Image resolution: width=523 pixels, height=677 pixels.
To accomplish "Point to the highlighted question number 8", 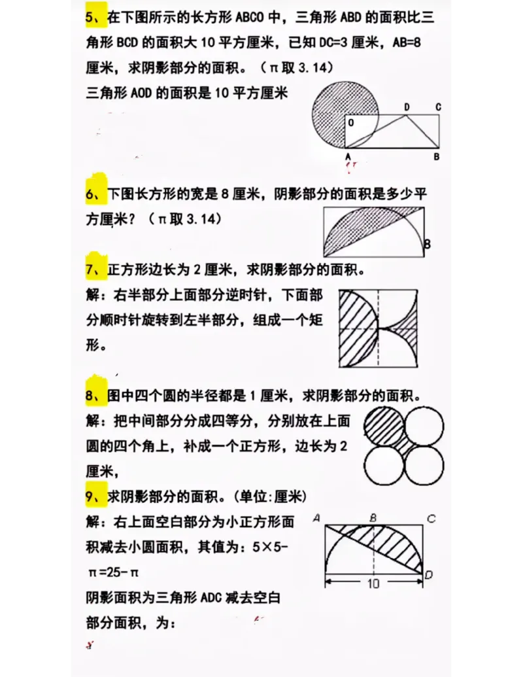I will [x=90, y=396].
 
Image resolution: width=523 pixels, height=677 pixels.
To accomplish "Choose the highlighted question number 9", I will [x=90, y=497].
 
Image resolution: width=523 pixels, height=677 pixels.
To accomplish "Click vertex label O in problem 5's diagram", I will [x=351, y=122].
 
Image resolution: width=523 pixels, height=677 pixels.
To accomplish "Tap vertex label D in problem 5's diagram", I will [x=407, y=107].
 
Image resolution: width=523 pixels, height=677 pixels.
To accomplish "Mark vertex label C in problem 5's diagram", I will [x=437, y=107].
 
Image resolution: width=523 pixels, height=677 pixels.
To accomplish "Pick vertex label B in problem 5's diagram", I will [x=436, y=157].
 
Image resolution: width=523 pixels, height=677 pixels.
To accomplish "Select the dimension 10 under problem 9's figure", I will [x=373, y=583].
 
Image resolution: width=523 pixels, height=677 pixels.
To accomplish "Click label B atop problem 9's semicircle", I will [x=373, y=518].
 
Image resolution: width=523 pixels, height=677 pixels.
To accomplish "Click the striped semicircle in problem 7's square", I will [x=358, y=328].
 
